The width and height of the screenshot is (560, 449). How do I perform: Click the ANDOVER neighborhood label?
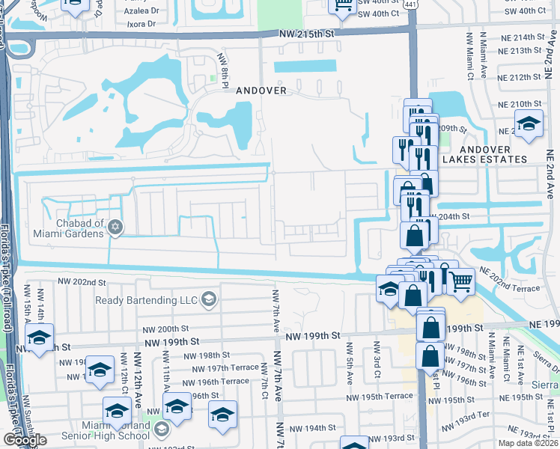[x=261, y=90]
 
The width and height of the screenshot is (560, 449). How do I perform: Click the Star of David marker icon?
[x=115, y=227]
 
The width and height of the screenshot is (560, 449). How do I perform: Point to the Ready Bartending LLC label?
[x=146, y=300]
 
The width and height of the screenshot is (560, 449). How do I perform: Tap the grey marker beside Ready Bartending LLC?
[x=208, y=300]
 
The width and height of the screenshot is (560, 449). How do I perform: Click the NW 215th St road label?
[x=306, y=34]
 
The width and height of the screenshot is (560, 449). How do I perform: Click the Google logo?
[x=25, y=440]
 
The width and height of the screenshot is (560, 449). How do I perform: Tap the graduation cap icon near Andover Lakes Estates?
[x=529, y=123]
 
